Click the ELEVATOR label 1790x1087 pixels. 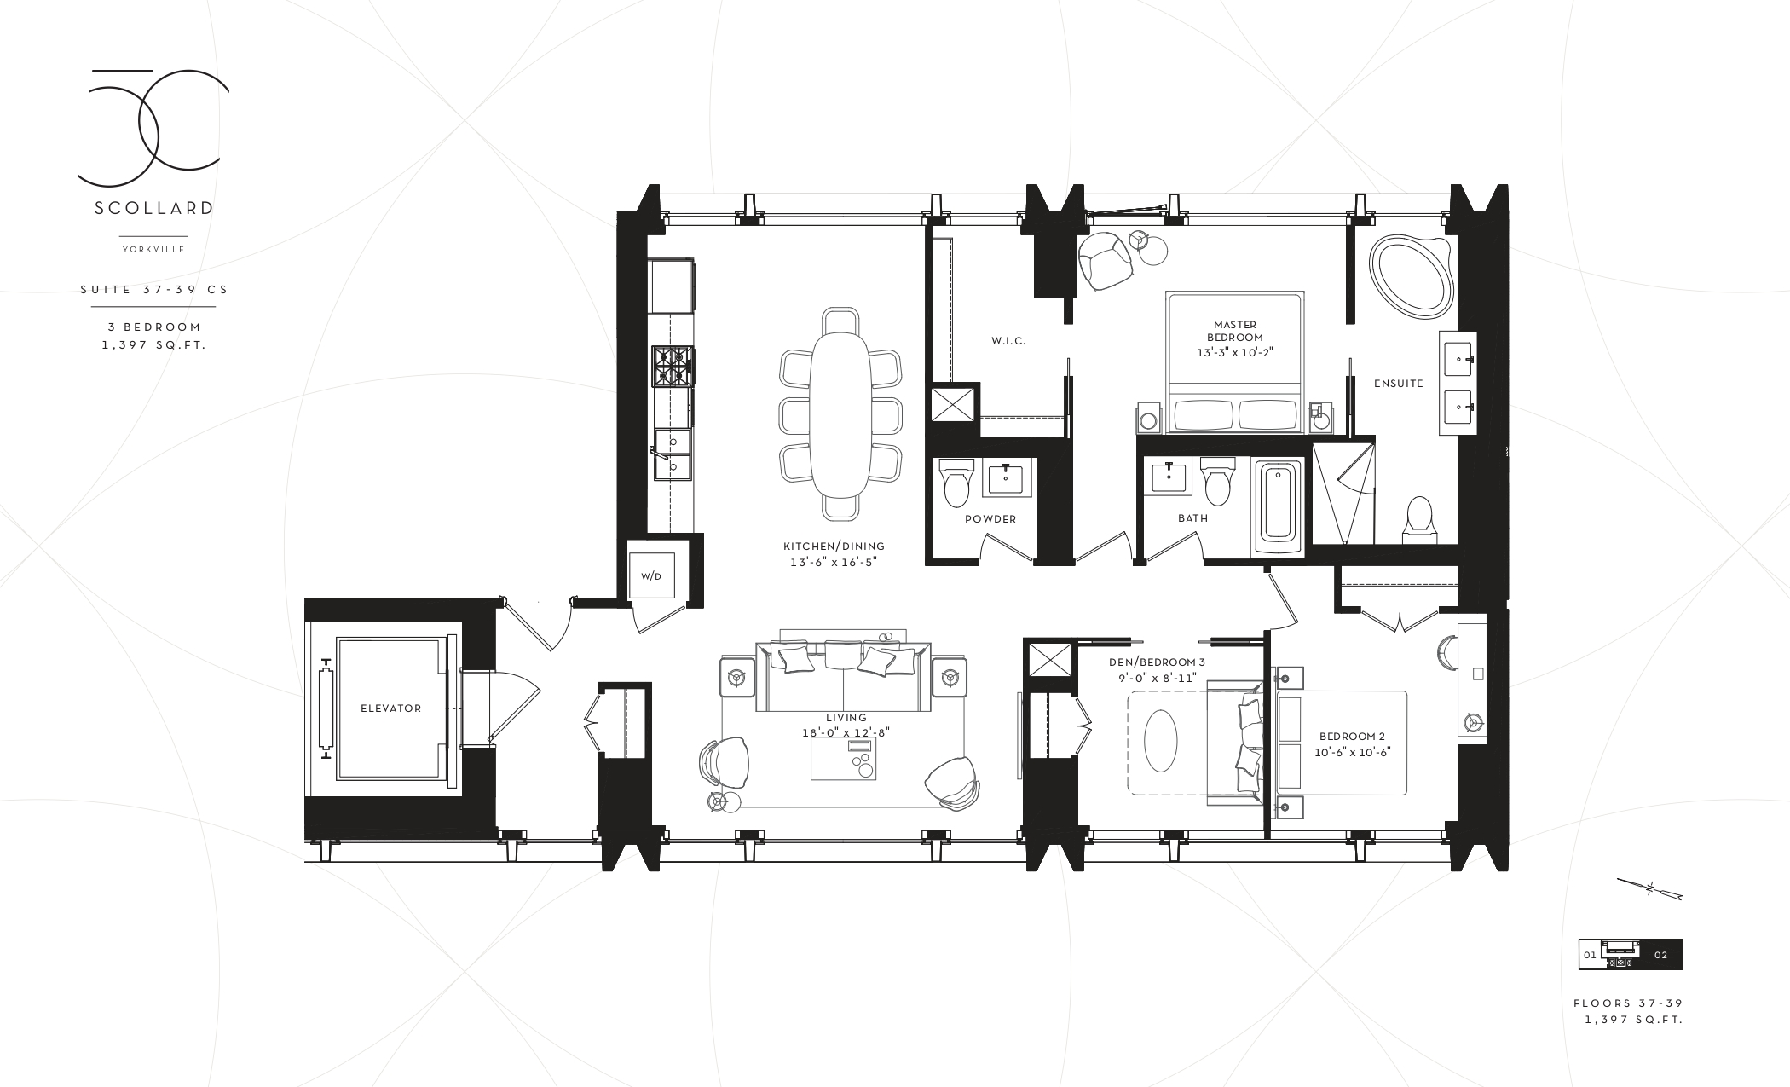coord(390,708)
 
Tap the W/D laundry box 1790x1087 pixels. coord(650,576)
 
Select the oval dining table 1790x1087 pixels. coord(840,414)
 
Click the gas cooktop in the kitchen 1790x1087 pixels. coord(673,367)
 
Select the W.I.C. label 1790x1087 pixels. coord(1008,341)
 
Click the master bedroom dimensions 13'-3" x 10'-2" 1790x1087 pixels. coord(1235,352)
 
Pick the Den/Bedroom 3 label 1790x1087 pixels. coord(1157,662)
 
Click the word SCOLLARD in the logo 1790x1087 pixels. coord(153,209)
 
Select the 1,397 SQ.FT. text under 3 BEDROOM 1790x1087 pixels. coord(153,345)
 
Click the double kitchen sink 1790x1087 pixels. coord(673,454)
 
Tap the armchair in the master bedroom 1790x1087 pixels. coord(1105,261)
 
